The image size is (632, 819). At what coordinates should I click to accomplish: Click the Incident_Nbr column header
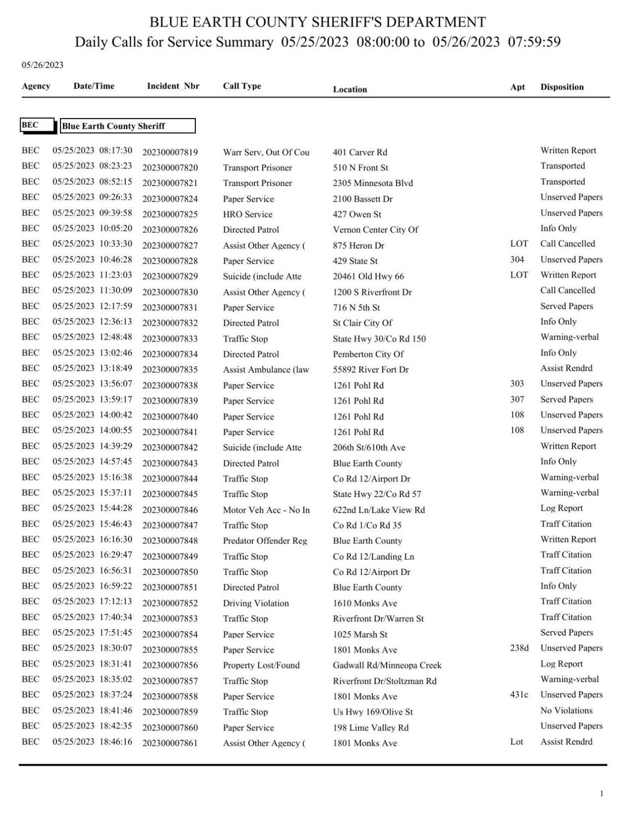(x=173, y=86)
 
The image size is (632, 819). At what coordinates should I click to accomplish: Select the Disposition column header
(x=561, y=87)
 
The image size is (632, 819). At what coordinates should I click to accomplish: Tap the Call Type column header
(x=242, y=86)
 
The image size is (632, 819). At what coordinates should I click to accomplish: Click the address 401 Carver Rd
(x=360, y=152)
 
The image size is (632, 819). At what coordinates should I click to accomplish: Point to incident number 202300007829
(x=170, y=277)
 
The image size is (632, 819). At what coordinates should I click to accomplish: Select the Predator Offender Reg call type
(x=265, y=541)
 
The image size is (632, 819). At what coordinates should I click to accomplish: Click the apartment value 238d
(x=519, y=648)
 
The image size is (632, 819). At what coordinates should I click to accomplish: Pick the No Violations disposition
(x=566, y=710)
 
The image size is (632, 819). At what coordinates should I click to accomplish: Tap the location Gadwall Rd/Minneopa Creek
(x=387, y=665)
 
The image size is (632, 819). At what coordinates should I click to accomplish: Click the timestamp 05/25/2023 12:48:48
(x=92, y=337)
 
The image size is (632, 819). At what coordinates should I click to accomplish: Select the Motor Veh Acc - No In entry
(x=266, y=510)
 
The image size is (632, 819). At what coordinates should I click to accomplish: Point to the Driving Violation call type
(x=255, y=603)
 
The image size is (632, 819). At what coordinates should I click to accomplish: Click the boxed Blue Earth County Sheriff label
(x=127, y=126)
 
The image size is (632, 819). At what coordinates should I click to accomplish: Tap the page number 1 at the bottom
(x=601, y=794)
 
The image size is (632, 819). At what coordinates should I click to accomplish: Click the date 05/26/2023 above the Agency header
(x=42, y=65)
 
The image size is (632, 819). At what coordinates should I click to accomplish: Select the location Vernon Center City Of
(x=376, y=230)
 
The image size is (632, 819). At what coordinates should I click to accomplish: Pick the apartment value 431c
(x=519, y=695)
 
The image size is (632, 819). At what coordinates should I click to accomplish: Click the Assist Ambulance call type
(x=265, y=370)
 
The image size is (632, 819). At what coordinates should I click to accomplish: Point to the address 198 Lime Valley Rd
(x=370, y=727)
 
